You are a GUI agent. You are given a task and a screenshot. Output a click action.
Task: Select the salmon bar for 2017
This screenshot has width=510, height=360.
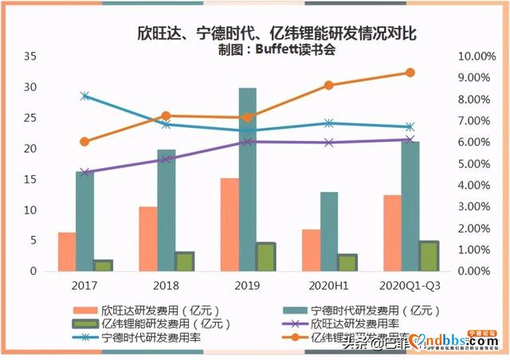(67, 252)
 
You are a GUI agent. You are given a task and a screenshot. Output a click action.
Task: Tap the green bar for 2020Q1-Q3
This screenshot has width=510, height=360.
(428, 256)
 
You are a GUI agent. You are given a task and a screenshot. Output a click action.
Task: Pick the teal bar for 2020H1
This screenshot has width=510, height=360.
(328, 231)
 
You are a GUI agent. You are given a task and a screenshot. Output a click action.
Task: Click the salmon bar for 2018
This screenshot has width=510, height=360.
(147, 239)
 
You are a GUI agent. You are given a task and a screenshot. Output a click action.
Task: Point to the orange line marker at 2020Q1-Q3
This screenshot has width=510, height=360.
(410, 72)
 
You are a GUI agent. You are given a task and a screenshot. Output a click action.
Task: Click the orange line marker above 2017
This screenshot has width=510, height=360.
(85, 142)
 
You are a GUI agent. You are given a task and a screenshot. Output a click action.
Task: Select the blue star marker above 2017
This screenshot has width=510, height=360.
(85, 96)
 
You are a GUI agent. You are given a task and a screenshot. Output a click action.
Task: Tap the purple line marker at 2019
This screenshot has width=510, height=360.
(248, 142)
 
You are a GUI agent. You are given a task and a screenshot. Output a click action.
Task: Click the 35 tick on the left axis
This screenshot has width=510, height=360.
(31, 57)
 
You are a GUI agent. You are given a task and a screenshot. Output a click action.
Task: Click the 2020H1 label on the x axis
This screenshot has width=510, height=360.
(328, 284)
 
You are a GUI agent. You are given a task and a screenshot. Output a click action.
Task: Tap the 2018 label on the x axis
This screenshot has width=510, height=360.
(166, 284)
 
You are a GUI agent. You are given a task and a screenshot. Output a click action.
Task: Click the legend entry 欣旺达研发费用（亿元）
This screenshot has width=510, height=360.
(160, 310)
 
